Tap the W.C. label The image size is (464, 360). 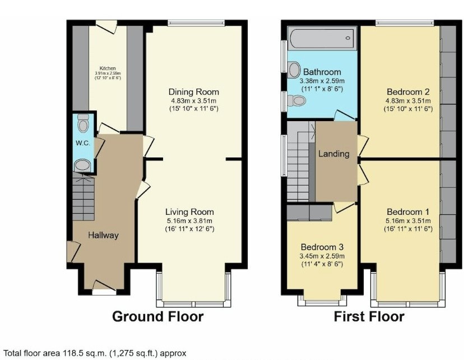tap(83, 143)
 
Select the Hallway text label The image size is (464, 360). tap(103, 235)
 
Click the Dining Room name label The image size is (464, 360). tap(194, 92)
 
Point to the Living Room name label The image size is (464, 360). tap(189, 212)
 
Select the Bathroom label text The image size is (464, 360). tap(322, 72)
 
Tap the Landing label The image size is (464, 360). tap(333, 154)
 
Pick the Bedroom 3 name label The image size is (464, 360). tap(322, 247)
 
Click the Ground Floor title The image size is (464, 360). tap(157, 317)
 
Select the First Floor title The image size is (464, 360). tap(369, 317)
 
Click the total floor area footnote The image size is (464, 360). tap(95, 353)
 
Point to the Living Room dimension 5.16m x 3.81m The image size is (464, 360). tap(189, 221)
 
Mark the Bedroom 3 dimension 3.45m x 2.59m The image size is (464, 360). tap(322, 256)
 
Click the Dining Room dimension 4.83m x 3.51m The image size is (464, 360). tap(194, 101)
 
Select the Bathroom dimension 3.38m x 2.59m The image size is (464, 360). tap(322, 81)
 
